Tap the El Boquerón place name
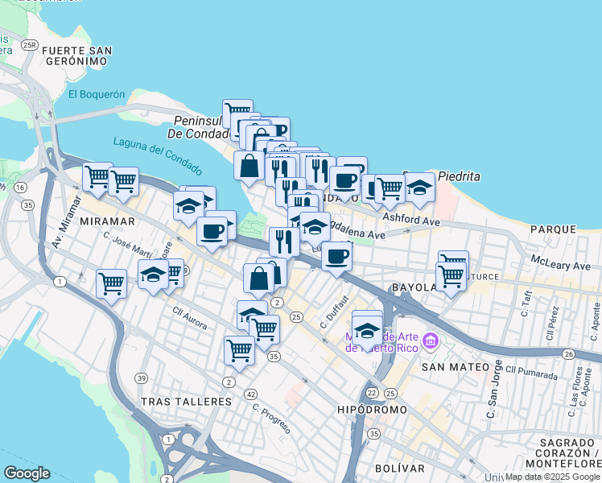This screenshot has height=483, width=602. click(x=97, y=94)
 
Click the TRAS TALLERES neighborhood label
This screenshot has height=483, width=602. click(x=186, y=401)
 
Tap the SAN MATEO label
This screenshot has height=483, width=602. click(x=455, y=366)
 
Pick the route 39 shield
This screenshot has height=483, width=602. click(x=142, y=378)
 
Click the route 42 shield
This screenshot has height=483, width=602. click(x=251, y=394)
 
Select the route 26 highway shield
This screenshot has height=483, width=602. click(x=568, y=353)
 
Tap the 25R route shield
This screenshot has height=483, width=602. click(x=30, y=45)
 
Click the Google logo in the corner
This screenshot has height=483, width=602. click(x=27, y=473)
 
